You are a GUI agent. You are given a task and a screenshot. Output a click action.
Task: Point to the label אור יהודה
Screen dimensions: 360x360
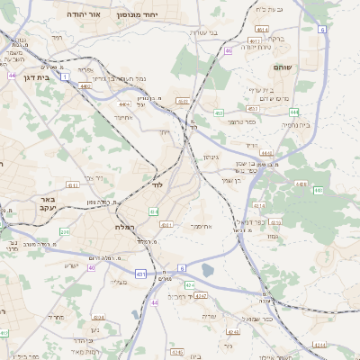(90, 16)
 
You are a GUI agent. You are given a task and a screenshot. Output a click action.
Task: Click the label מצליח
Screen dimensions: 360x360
(119, 282)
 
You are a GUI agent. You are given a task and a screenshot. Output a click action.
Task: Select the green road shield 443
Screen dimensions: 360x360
(318, 191)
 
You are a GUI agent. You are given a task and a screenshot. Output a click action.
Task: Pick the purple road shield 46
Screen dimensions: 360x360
(229, 51)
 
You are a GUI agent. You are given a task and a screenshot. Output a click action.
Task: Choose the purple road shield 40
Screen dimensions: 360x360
(92, 267)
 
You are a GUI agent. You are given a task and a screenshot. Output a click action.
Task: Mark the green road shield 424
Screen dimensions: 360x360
(189, 284)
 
